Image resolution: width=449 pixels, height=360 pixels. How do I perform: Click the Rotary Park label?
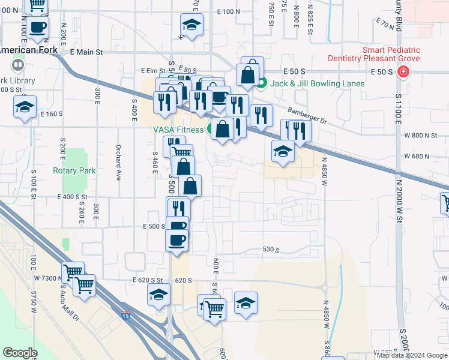point(74,170)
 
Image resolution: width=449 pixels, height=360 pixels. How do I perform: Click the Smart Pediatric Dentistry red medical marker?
point(403,73)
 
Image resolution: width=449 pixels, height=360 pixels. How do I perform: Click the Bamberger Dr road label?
point(307,115)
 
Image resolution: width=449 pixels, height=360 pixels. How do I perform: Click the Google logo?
point(20,353)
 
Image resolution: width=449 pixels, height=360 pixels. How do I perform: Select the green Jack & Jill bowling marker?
point(261,83)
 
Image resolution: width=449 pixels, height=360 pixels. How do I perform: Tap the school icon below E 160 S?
point(25,108)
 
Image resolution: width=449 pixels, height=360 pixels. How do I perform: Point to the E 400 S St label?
point(72,197)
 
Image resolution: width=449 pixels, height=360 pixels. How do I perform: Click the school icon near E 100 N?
point(191,25)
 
